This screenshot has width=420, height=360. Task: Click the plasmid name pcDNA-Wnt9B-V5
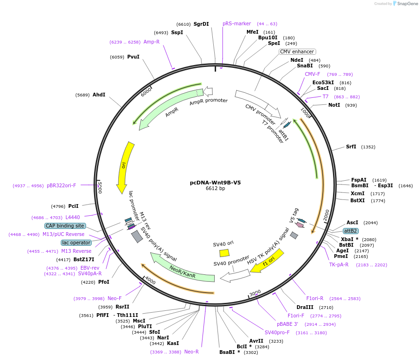coord(215,183)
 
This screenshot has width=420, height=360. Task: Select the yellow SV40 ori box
coord(224,253)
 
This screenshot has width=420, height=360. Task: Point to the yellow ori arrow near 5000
coord(125,167)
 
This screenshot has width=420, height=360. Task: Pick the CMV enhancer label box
coord(297,51)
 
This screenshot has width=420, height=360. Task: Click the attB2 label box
coord(351,231)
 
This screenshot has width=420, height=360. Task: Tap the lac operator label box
coord(76,242)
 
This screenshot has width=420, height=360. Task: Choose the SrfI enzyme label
coord(351,147)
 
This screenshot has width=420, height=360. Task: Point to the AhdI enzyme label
coord(99,95)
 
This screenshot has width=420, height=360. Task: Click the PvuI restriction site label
coord(133,57)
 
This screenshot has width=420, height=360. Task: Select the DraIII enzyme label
coord(305,307)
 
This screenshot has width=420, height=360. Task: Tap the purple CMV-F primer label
coord(312,74)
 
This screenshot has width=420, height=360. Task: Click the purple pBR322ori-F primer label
coord(61,185)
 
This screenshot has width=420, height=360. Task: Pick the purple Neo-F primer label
coord(115,298)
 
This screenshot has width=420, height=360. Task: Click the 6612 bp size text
coord(215,189)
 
